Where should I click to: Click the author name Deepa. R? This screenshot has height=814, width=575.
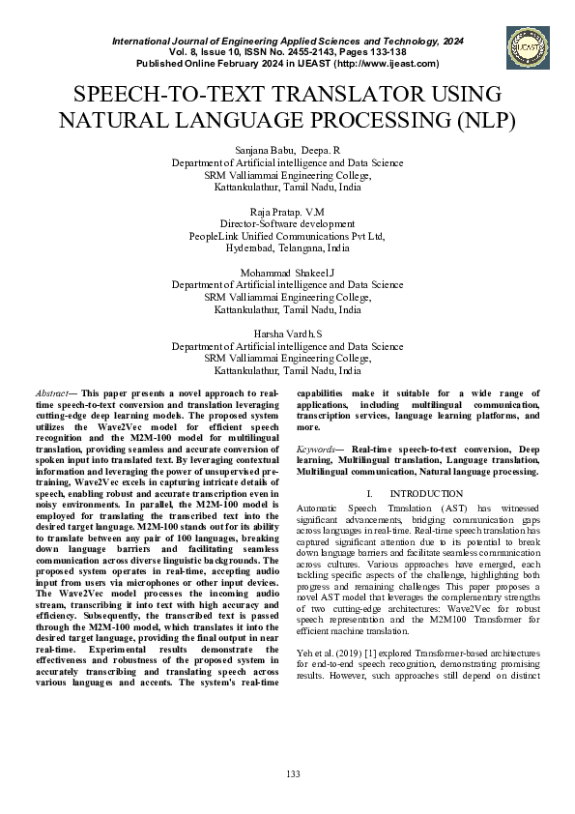[320, 151]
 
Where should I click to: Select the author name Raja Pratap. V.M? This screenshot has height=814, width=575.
[287, 210]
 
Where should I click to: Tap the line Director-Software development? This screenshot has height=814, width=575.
[287, 222]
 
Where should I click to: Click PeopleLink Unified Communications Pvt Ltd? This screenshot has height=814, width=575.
[287, 235]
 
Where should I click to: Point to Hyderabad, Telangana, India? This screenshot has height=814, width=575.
[287, 247]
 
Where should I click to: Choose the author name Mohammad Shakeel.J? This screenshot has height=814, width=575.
[287, 273]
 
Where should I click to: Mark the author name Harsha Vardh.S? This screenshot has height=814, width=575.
[287, 334]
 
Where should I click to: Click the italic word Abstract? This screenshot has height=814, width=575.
[52, 393]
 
